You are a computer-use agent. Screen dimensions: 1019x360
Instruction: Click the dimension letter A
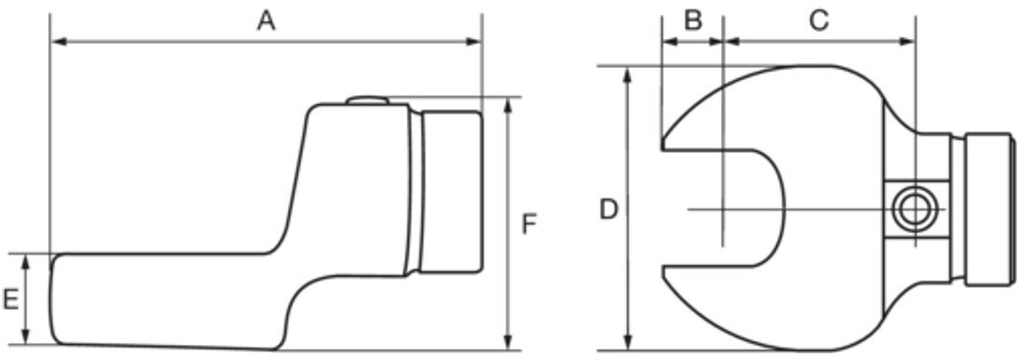(x=266, y=21)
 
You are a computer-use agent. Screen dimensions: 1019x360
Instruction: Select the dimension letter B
(x=693, y=21)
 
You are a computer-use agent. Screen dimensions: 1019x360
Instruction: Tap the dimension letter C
(x=819, y=21)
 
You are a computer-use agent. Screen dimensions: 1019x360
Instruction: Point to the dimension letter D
(x=608, y=210)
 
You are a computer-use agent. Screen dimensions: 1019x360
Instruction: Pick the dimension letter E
(x=11, y=300)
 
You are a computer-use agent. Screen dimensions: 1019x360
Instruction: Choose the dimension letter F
(x=530, y=225)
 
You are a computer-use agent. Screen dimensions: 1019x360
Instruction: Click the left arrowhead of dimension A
(x=59, y=41)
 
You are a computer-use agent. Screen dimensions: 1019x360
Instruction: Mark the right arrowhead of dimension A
(x=472, y=41)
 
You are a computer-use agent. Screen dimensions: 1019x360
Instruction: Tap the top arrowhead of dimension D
(x=628, y=76)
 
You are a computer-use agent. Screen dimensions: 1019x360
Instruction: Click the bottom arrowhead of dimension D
(x=628, y=341)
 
